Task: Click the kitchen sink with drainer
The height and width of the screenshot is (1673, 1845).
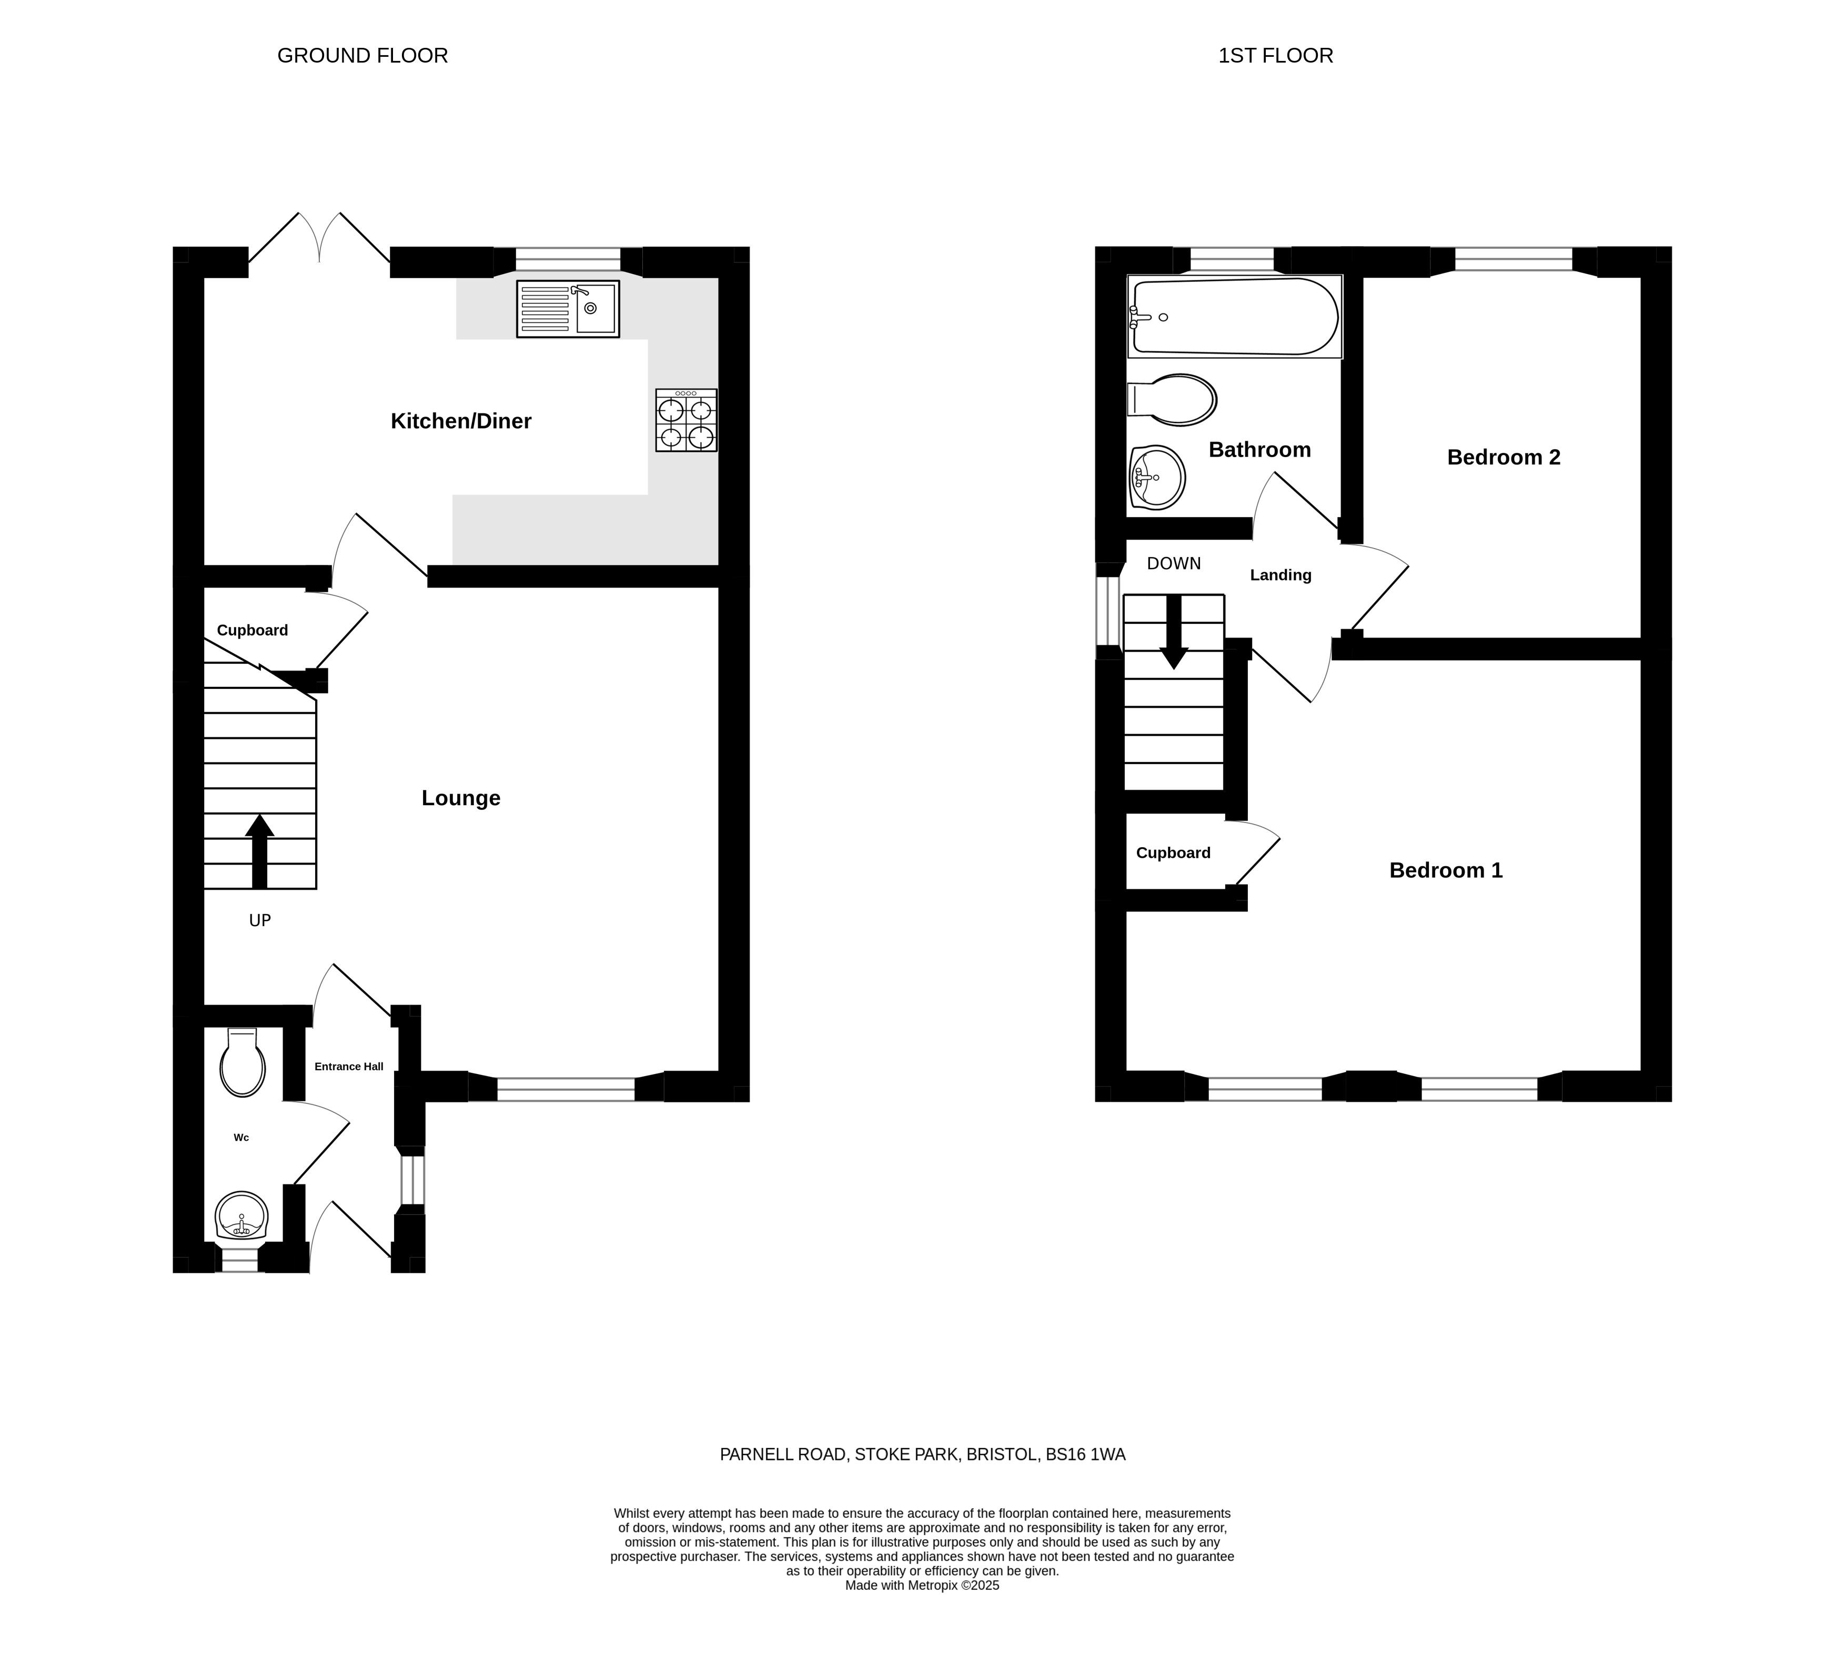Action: pos(568,308)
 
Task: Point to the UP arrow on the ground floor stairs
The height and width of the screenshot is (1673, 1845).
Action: pos(260,850)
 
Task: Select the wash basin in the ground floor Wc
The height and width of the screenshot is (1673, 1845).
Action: pos(241,1215)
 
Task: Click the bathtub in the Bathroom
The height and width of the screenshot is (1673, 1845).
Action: pos(1235,317)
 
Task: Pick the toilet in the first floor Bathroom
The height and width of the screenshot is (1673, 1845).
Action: pos(1172,400)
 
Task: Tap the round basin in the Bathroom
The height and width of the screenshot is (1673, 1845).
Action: pos(1158,476)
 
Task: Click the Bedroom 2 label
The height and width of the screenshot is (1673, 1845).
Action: pos(1504,458)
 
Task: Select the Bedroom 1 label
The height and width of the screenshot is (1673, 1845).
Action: pos(1446,870)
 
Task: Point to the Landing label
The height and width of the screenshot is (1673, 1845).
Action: pos(1281,575)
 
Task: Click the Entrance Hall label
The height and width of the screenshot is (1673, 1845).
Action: pos(349,1067)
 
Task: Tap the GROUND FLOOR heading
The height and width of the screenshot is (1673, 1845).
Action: pos(362,56)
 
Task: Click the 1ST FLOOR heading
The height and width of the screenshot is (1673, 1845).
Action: pos(1276,56)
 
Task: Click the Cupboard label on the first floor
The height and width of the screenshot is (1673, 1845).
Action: pos(1173,853)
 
